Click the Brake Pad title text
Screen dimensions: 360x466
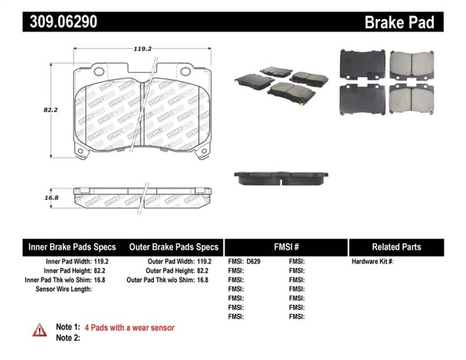398,23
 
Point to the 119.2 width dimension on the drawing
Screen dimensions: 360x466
139,48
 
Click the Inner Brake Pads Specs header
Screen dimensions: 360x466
72,247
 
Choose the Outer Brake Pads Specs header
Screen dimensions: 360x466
175,247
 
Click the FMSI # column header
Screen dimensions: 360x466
286,247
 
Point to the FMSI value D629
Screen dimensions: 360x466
254,262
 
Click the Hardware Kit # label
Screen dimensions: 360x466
372,262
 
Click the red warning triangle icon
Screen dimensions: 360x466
39,330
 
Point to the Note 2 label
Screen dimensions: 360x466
68,338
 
